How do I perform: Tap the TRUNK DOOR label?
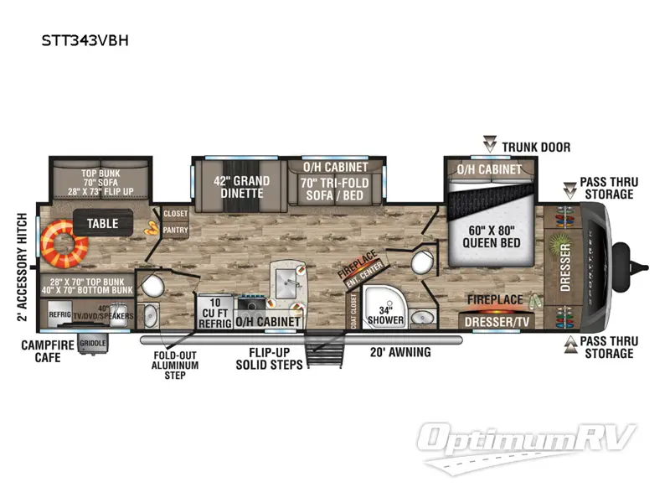tap(536, 148)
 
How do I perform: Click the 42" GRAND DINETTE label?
tap(241, 187)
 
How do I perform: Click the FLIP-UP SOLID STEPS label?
tap(270, 358)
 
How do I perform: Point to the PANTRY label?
tap(175, 228)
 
